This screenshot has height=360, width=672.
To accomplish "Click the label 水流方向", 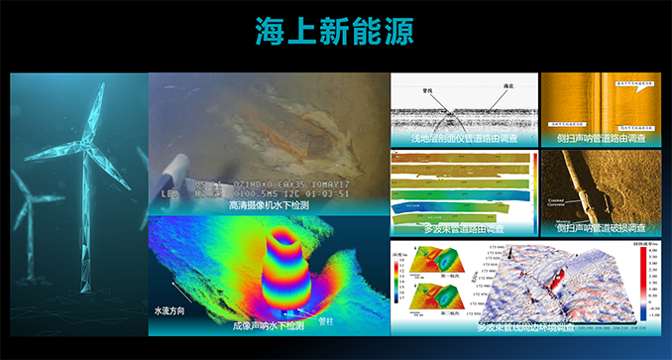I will pos(169,309).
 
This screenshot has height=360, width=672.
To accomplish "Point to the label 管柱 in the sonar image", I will pos(325,321).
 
